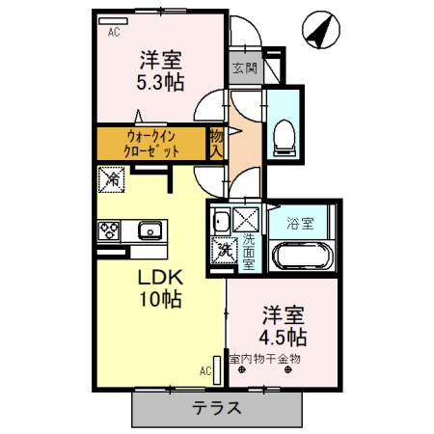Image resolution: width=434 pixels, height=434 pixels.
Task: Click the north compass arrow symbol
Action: [320, 30]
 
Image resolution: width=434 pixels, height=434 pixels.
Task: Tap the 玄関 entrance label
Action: [244, 69]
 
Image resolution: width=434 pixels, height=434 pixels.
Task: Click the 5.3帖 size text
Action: [160, 81]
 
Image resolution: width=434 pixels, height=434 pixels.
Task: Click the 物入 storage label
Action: [218, 142]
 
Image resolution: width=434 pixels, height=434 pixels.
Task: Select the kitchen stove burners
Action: [108, 231]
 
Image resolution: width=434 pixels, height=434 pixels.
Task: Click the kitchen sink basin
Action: [150, 231]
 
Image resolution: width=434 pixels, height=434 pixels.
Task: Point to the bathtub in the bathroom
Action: [302, 258]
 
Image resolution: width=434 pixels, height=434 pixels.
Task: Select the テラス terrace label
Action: [216, 407]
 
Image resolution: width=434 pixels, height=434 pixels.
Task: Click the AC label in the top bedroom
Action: [114, 33]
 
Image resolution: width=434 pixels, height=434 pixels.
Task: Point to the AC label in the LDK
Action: [205, 369]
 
